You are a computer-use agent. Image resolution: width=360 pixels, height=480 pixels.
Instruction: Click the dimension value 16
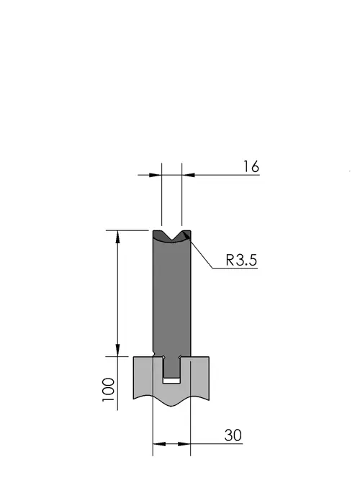click(x=251, y=167)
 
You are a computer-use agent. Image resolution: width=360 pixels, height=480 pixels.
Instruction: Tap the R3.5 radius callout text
click(x=241, y=261)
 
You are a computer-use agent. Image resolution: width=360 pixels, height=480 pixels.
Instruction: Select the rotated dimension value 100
click(x=109, y=390)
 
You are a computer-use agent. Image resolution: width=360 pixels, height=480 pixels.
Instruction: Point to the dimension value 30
click(x=233, y=435)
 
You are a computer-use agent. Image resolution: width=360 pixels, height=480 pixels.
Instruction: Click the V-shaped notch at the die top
click(x=171, y=235)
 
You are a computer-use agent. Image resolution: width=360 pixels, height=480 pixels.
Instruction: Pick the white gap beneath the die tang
click(x=171, y=381)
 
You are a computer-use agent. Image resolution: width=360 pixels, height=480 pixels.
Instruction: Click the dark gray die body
click(x=172, y=294)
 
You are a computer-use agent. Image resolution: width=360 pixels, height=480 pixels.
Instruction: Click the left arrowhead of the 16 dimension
click(x=156, y=175)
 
